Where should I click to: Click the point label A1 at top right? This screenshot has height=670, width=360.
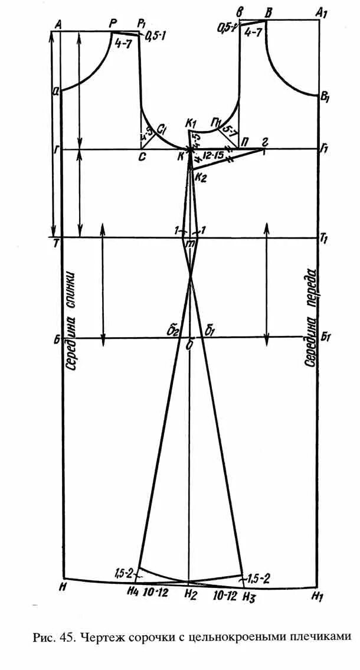pos(322,12)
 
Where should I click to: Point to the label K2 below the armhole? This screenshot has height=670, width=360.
pos(201,177)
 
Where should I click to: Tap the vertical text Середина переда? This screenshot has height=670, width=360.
pos(311,318)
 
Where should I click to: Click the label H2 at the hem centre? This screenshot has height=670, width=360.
pos(189,594)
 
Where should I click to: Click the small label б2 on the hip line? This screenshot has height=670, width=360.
pos(173,331)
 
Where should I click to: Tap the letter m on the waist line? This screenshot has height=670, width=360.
pos(190,243)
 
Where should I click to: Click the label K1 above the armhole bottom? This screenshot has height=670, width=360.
pos(190,123)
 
